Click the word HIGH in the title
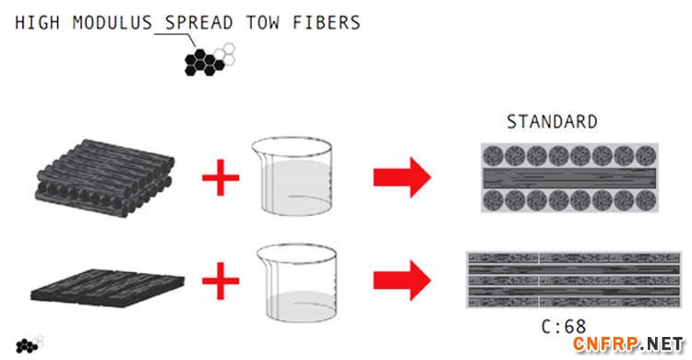38,22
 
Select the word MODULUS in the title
112,22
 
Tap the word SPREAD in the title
199,22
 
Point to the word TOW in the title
263,22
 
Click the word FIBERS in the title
327,22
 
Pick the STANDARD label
552,122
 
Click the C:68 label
564,327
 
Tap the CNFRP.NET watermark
629,344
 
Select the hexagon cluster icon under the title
209,59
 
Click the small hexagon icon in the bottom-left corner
30,344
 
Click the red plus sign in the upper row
221,177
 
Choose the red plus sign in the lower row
221,281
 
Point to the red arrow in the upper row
402,177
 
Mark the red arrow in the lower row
402,281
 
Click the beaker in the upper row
292,175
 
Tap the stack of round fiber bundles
104,178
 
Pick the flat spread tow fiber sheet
107,288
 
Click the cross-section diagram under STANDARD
569,177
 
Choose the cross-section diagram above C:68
574,279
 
